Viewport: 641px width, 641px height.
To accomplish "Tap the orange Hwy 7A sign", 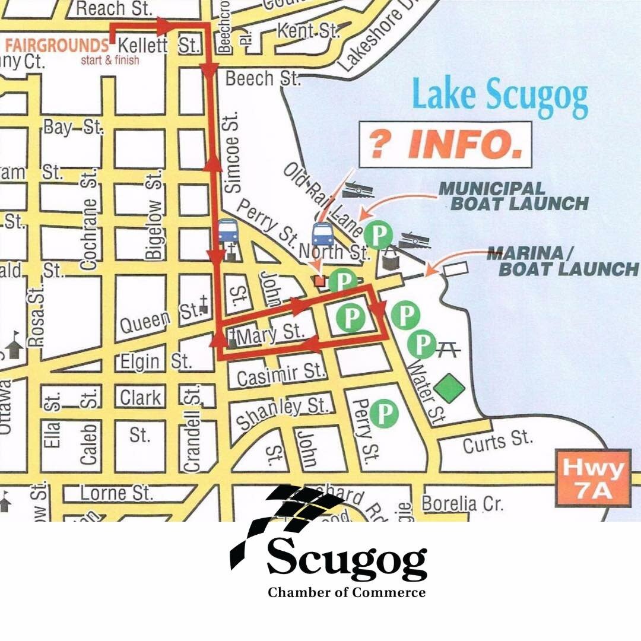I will coord(593,478).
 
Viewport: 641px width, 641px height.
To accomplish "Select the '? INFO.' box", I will coord(445,144).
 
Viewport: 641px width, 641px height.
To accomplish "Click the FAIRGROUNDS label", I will coord(54,45).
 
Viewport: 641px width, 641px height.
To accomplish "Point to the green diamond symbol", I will coord(449,388).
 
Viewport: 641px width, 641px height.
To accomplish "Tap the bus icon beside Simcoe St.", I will coord(228,230).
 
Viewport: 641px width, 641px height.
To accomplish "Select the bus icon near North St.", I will coord(323,234).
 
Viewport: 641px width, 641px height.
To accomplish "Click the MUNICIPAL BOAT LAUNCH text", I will coord(513,196).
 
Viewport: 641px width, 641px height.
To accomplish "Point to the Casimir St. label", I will coord(281,375).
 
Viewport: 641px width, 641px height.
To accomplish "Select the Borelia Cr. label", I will coord(462,503).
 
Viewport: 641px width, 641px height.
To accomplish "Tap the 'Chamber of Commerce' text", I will coord(347,592).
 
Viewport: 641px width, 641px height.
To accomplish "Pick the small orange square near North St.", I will coord(320,281).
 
